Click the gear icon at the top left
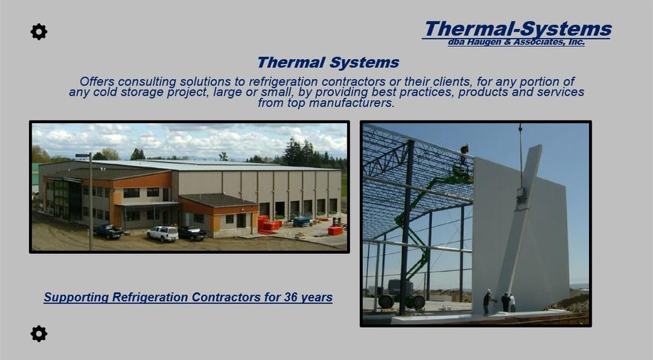pyautogui.click(x=39, y=32)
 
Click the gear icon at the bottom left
pyautogui.click(x=39, y=334)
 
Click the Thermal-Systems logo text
pyautogui.click(x=517, y=29)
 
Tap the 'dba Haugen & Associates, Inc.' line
pyautogui.click(x=516, y=42)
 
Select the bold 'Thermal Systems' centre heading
pyautogui.click(x=328, y=63)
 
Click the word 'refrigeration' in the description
pyautogui.click(x=283, y=81)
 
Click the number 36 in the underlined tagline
pyautogui.click(x=290, y=297)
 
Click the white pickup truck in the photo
pyautogui.click(x=163, y=233)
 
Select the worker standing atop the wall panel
pyautogui.click(x=464, y=155)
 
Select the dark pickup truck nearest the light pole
pyautogui.click(x=108, y=231)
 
